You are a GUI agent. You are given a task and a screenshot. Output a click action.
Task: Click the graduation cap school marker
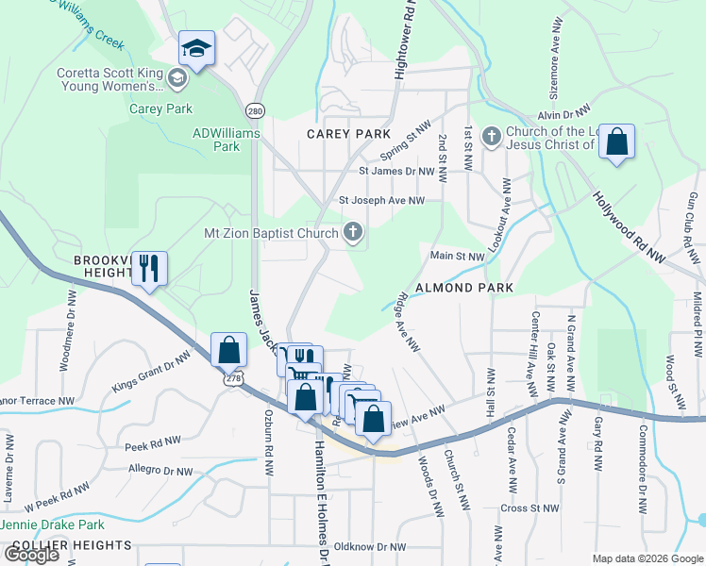(x=196, y=48)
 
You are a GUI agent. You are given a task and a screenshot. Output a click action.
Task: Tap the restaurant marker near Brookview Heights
(x=149, y=268)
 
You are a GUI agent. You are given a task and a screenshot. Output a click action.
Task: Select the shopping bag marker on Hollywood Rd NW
(x=616, y=142)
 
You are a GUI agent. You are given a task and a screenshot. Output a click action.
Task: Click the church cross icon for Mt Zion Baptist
(x=353, y=232)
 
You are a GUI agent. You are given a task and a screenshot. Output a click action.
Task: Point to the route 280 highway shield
(x=255, y=111)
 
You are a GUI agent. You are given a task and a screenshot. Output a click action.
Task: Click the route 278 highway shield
(x=229, y=378)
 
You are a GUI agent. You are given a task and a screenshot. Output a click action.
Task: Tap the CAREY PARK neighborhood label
(x=349, y=134)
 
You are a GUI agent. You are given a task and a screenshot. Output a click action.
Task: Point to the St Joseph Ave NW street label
(x=382, y=200)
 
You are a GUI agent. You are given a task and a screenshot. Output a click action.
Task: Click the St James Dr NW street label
(x=395, y=172)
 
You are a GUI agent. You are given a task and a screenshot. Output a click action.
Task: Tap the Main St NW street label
(x=457, y=256)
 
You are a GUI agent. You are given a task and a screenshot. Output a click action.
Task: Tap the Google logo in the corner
(x=32, y=554)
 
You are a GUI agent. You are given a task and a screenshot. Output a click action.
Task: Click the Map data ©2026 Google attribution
(x=647, y=558)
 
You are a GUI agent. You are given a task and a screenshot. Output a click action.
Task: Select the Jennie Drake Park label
(x=52, y=524)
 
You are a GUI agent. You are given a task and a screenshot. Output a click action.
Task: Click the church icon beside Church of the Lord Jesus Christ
(x=490, y=138)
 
